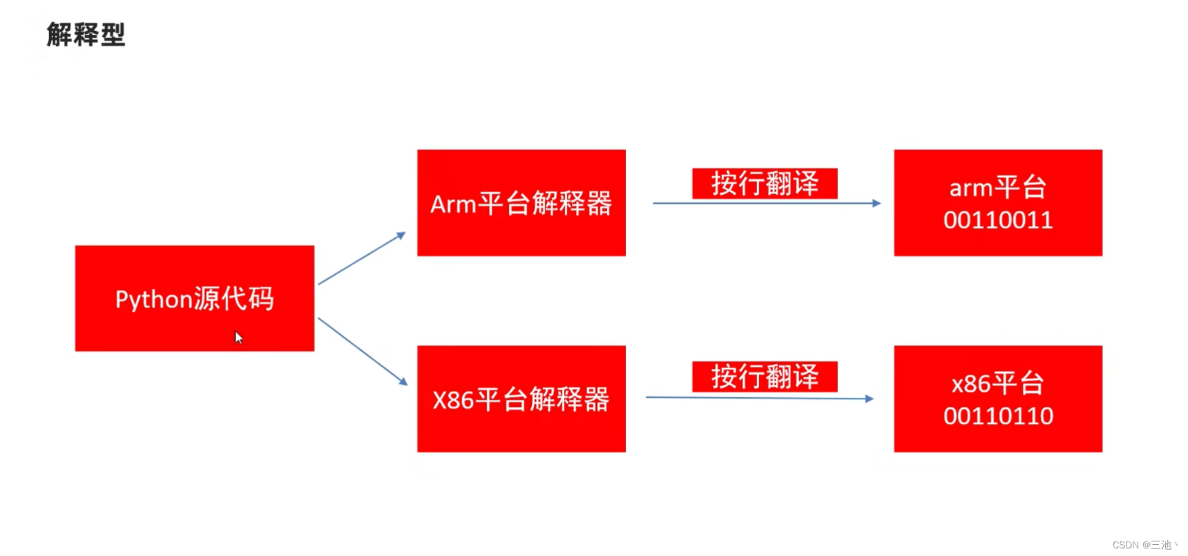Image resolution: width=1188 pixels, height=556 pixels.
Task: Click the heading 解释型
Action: point(86,35)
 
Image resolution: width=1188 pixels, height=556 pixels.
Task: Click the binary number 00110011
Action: point(998,220)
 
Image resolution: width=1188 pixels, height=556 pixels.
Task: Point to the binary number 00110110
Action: point(998,416)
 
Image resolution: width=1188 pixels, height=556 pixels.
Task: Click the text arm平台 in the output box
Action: point(997,187)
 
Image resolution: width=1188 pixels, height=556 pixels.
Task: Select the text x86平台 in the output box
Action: point(997,383)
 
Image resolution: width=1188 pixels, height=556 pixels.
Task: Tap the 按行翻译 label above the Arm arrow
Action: point(765,183)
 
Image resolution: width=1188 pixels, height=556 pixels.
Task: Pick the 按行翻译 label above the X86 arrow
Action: point(765,376)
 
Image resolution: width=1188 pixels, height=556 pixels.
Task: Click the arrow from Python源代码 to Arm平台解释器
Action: point(361,259)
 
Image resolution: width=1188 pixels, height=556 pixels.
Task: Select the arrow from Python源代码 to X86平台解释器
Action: point(362,351)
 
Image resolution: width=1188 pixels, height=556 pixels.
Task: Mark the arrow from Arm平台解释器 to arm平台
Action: point(766,203)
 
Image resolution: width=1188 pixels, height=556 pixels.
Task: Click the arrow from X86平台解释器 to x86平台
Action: point(759,398)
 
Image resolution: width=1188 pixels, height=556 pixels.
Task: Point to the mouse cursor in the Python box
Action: point(238,337)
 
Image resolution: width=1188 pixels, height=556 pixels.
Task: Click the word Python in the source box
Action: point(153,300)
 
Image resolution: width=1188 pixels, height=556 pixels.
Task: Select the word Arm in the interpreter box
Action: point(452,204)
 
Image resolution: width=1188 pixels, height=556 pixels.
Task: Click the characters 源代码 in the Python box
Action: point(233,299)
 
